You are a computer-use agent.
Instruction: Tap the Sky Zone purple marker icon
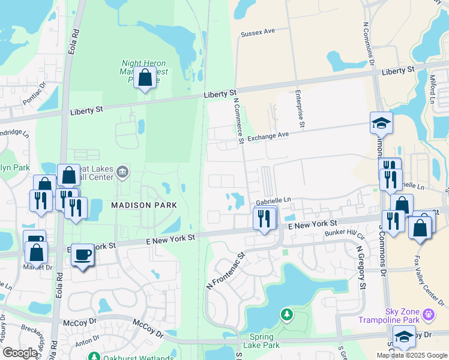coord(428,314)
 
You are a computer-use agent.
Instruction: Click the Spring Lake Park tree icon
coord(287,314)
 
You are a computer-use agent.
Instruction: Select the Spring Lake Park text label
coord(261,341)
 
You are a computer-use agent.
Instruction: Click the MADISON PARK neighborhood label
coord(144,205)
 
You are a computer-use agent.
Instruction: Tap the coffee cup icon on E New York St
coord(82,255)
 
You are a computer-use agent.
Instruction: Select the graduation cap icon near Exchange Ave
coord(381,123)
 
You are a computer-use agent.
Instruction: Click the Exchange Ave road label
coord(268,137)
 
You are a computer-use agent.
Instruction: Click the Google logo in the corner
coord(20,353)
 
